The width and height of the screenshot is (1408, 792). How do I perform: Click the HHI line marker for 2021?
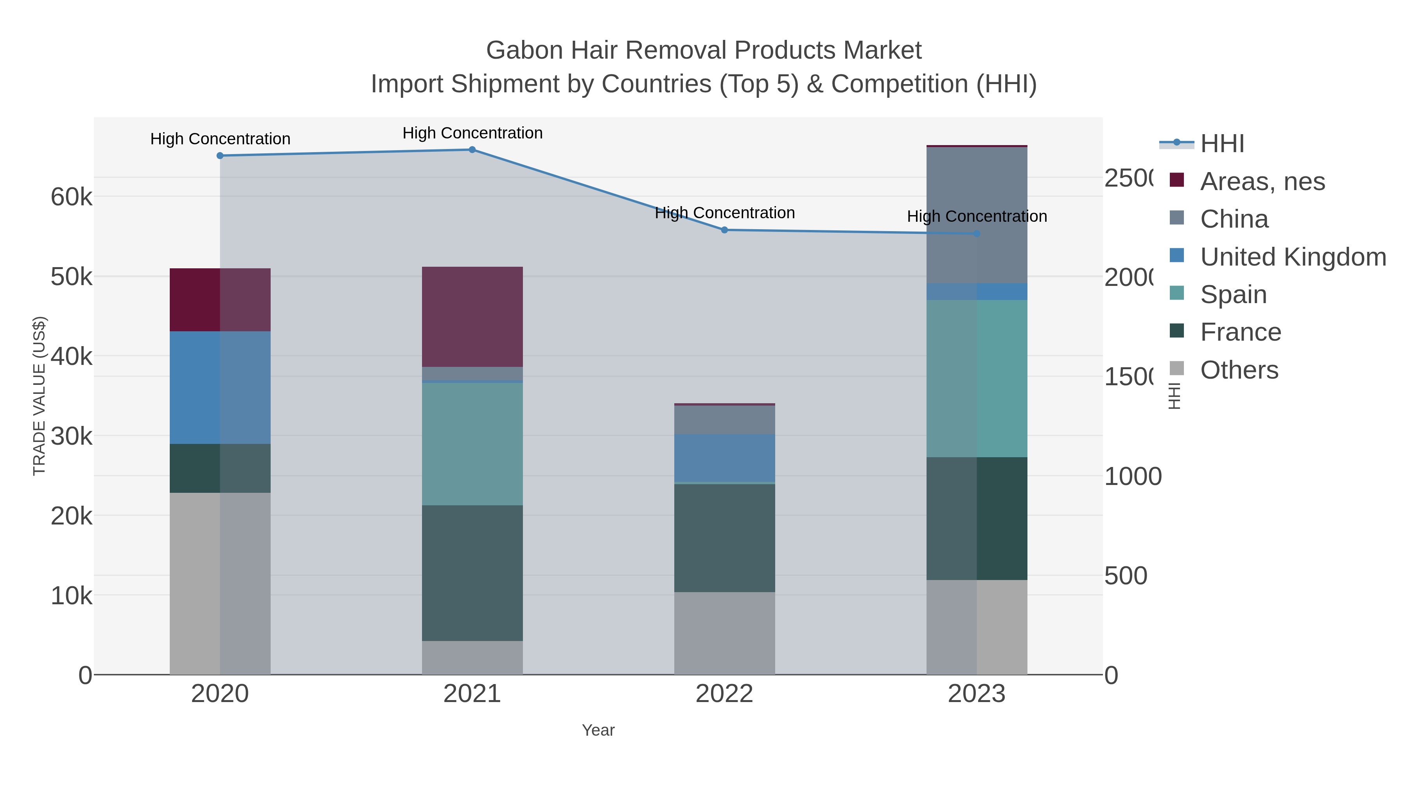pos(472,150)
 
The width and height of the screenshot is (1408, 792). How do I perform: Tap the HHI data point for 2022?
pos(724,230)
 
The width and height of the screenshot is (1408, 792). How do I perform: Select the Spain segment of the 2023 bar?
pos(977,378)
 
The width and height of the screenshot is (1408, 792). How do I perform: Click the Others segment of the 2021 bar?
pos(472,657)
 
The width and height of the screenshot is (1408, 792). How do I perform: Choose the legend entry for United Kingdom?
pos(1293,256)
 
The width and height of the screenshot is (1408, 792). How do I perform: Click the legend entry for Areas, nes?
pos(1262,181)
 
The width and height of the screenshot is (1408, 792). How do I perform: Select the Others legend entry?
pos(1239,370)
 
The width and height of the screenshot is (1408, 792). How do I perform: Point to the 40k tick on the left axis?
pos(72,357)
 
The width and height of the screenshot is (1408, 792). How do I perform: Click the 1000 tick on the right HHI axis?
pos(1133,476)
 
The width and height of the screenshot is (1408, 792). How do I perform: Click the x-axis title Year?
pos(598,730)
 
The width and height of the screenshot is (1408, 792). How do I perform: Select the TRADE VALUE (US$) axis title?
pos(40,396)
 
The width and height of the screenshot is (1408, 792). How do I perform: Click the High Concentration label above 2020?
pos(220,139)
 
